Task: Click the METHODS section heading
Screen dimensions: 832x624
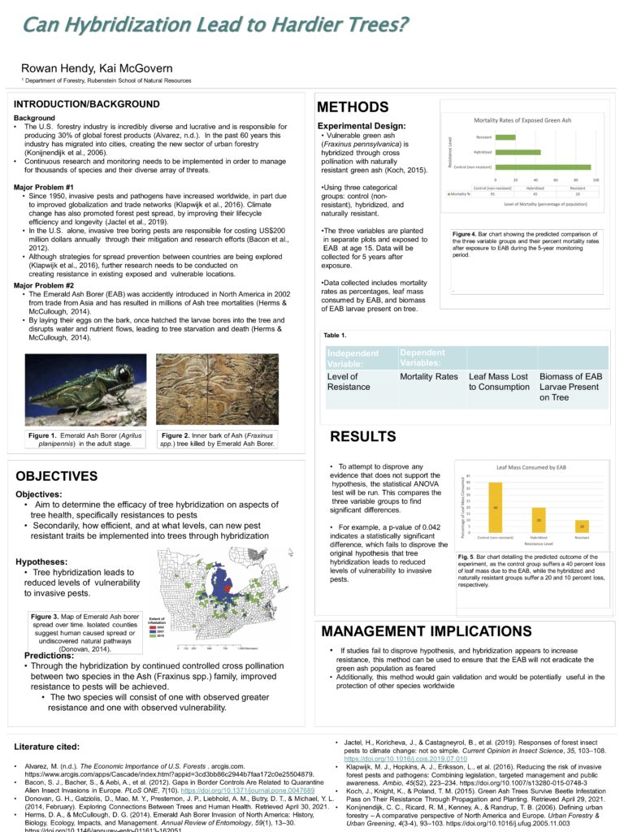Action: pos(353,108)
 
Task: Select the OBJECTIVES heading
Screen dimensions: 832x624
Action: pos(56,475)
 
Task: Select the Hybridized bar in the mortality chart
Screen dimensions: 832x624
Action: pos(518,152)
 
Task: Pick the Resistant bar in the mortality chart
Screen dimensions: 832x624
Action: pos(505,136)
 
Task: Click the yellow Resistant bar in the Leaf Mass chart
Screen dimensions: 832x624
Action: pos(582,526)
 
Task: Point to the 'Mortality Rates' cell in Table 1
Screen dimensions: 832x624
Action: pos(429,377)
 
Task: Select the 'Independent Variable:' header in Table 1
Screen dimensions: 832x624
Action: pos(353,358)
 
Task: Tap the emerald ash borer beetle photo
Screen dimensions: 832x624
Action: pos(85,390)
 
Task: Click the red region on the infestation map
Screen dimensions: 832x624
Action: pos(229,583)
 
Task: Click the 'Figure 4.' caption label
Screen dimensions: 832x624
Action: pos(469,234)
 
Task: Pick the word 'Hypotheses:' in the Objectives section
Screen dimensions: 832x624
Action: pos(41,561)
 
